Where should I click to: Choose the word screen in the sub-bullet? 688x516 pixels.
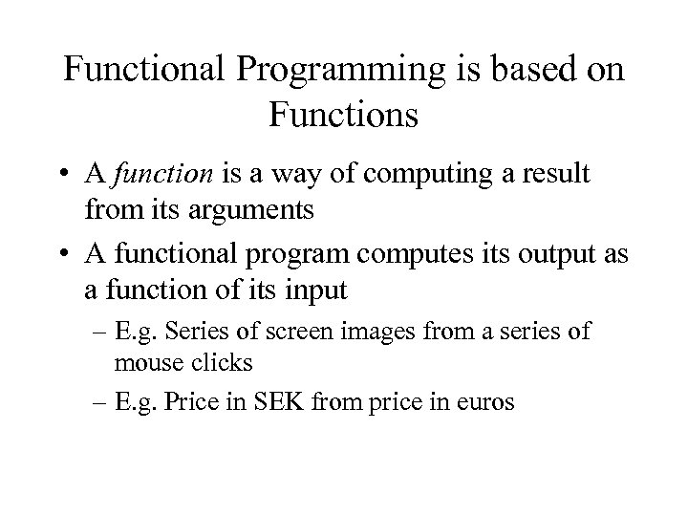tap(315, 332)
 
